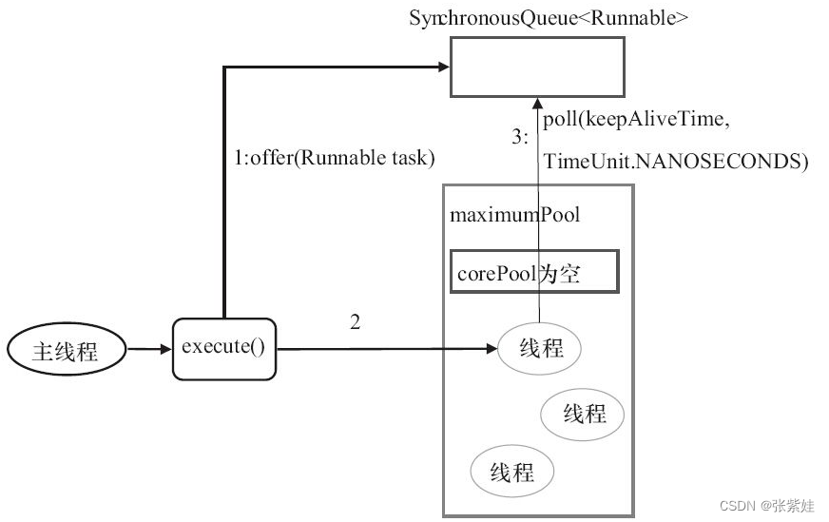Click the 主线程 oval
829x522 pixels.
(66, 351)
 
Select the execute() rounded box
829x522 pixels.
(223, 348)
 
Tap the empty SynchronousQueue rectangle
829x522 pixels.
(537, 68)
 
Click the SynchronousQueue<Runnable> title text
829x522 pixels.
(549, 17)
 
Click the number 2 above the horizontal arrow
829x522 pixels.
(355, 322)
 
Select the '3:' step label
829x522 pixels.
(520, 137)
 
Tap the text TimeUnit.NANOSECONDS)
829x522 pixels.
(675, 162)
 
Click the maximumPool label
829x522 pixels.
(514, 214)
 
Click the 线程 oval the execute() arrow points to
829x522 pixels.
(541, 349)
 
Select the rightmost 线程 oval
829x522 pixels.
(584, 414)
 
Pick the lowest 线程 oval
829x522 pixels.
(512, 471)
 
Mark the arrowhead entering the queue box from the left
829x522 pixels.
(443, 67)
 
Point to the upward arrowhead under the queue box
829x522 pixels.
(539, 103)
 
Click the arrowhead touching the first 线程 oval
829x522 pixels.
(492, 349)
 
